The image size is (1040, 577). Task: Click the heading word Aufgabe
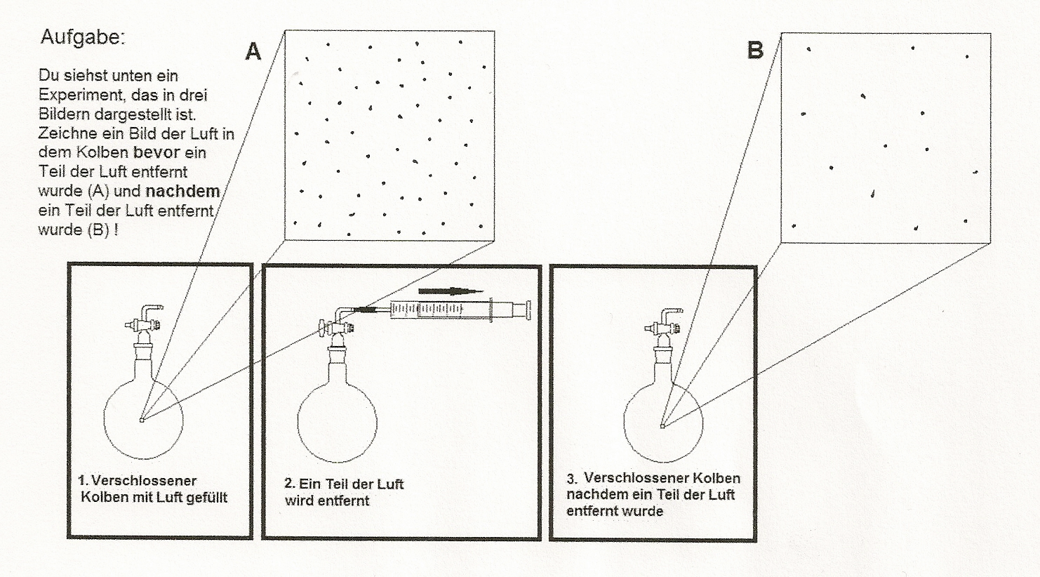[x=82, y=37]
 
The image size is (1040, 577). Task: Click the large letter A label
[x=253, y=51]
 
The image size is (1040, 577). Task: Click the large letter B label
[x=755, y=51]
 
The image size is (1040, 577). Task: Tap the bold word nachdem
[x=182, y=191]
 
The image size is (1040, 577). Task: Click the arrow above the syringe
[x=451, y=291]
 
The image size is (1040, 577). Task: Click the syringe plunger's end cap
[x=527, y=310]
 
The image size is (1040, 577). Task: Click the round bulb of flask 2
[x=337, y=422]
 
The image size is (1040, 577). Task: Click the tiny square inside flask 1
[x=142, y=420]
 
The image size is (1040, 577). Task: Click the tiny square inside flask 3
[x=662, y=425]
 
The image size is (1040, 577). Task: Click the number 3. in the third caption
[x=573, y=479]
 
